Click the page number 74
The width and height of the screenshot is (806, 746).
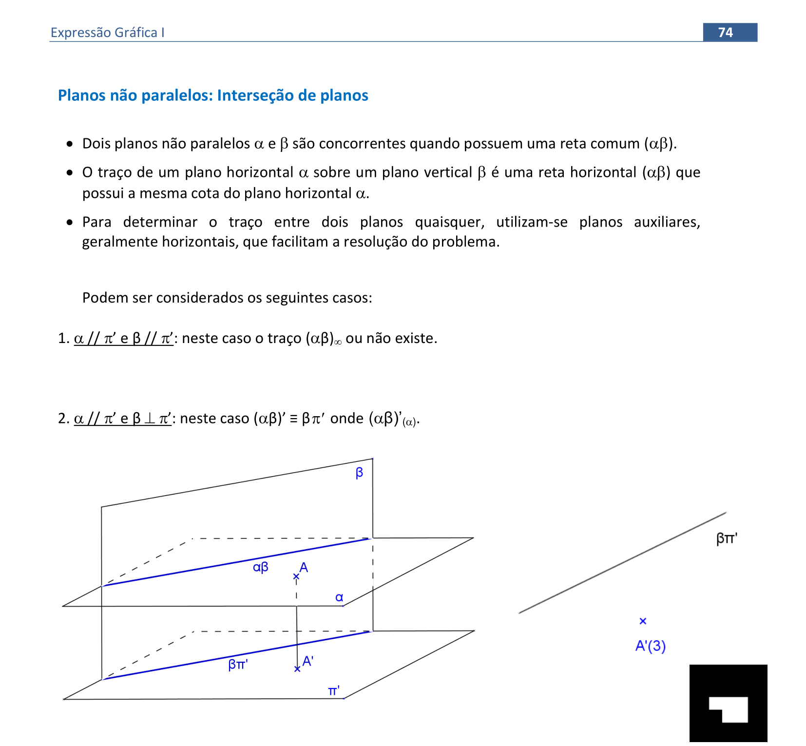click(x=725, y=32)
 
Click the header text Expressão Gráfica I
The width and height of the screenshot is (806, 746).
click(x=107, y=33)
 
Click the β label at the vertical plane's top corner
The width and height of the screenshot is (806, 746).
click(x=359, y=473)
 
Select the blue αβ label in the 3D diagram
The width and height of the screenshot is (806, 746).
click(x=261, y=567)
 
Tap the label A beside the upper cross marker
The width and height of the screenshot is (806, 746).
click(x=304, y=567)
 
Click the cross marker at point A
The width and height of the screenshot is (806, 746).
click(x=296, y=577)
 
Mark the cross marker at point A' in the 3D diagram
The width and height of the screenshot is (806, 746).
click(x=297, y=669)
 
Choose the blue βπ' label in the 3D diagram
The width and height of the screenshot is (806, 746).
click(x=238, y=664)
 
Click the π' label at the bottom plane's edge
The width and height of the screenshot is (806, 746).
click(x=334, y=691)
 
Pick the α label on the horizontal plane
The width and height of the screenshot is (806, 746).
click(x=340, y=597)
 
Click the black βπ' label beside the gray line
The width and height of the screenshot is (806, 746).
click(x=727, y=538)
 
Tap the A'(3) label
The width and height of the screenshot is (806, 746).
click(x=651, y=646)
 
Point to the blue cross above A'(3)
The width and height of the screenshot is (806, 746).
click(x=643, y=621)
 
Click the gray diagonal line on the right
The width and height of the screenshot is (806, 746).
click(x=622, y=563)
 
